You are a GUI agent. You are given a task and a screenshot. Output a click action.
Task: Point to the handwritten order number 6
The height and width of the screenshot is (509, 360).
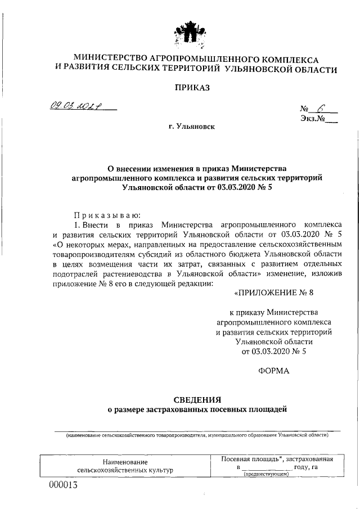click(x=321, y=109)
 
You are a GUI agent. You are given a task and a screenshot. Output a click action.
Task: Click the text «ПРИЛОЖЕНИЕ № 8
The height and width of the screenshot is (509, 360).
click(x=273, y=293)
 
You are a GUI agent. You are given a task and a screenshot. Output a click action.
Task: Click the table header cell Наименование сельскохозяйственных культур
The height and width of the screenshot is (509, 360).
click(x=125, y=465)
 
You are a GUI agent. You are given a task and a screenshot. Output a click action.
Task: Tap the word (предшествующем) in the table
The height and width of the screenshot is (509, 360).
click(x=266, y=475)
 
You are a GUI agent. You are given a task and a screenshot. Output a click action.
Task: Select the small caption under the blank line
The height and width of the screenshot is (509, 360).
click(x=197, y=435)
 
